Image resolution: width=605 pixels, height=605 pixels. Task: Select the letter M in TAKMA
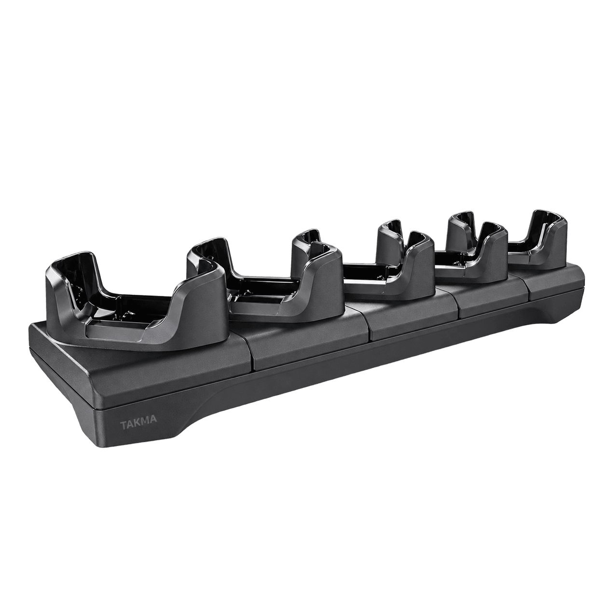[146, 419]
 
